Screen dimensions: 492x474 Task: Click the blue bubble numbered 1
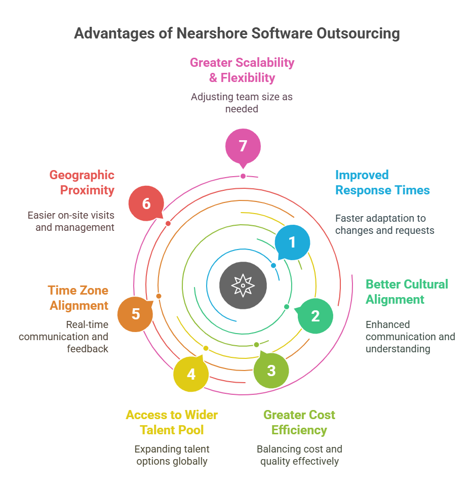[x=292, y=242]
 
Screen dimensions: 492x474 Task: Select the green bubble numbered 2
[x=315, y=316]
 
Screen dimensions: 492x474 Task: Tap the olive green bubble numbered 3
[x=271, y=370]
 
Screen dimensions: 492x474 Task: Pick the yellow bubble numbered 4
[x=191, y=374]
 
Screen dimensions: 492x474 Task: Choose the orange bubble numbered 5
[x=135, y=314]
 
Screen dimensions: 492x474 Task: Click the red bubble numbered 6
[x=146, y=203]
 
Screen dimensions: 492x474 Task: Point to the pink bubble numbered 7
[x=243, y=146]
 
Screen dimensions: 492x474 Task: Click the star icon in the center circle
[x=243, y=285]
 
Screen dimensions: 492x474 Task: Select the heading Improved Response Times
[x=382, y=183]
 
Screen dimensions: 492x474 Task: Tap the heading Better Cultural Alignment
[x=407, y=292]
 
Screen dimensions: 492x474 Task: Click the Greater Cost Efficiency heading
[x=299, y=423]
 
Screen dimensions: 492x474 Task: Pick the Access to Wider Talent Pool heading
[x=172, y=423]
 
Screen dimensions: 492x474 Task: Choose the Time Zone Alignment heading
[x=78, y=298]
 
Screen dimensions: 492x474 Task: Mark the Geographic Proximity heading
[x=82, y=183]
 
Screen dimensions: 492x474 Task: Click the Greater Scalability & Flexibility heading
[x=242, y=70]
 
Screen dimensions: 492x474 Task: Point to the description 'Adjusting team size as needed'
[x=242, y=102]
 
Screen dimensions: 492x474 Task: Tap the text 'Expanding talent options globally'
[x=172, y=455]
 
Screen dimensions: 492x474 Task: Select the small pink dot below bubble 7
[x=243, y=176]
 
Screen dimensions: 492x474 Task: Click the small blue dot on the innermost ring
[x=273, y=265]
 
